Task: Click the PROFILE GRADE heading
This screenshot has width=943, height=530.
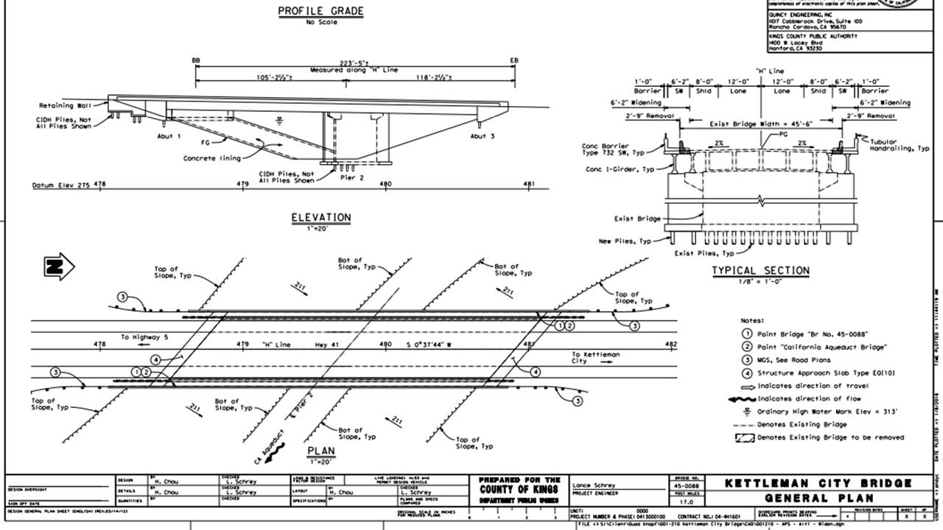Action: click(320, 11)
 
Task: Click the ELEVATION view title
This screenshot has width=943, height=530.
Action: click(320, 217)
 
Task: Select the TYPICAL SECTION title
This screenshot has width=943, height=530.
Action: click(760, 271)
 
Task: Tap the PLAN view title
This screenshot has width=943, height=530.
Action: click(320, 451)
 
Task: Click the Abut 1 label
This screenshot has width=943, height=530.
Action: click(169, 136)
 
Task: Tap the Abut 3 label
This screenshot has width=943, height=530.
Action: click(483, 136)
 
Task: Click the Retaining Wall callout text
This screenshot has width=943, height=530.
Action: click(65, 105)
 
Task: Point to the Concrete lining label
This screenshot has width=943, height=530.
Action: click(212, 158)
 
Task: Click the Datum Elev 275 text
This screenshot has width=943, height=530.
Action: click(61, 185)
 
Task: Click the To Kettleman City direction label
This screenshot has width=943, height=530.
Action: click(595, 358)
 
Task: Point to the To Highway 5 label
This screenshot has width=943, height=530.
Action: click(145, 337)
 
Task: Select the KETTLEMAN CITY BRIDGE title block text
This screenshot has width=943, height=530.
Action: click(818, 484)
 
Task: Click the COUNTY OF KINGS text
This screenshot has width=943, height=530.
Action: click(519, 489)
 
